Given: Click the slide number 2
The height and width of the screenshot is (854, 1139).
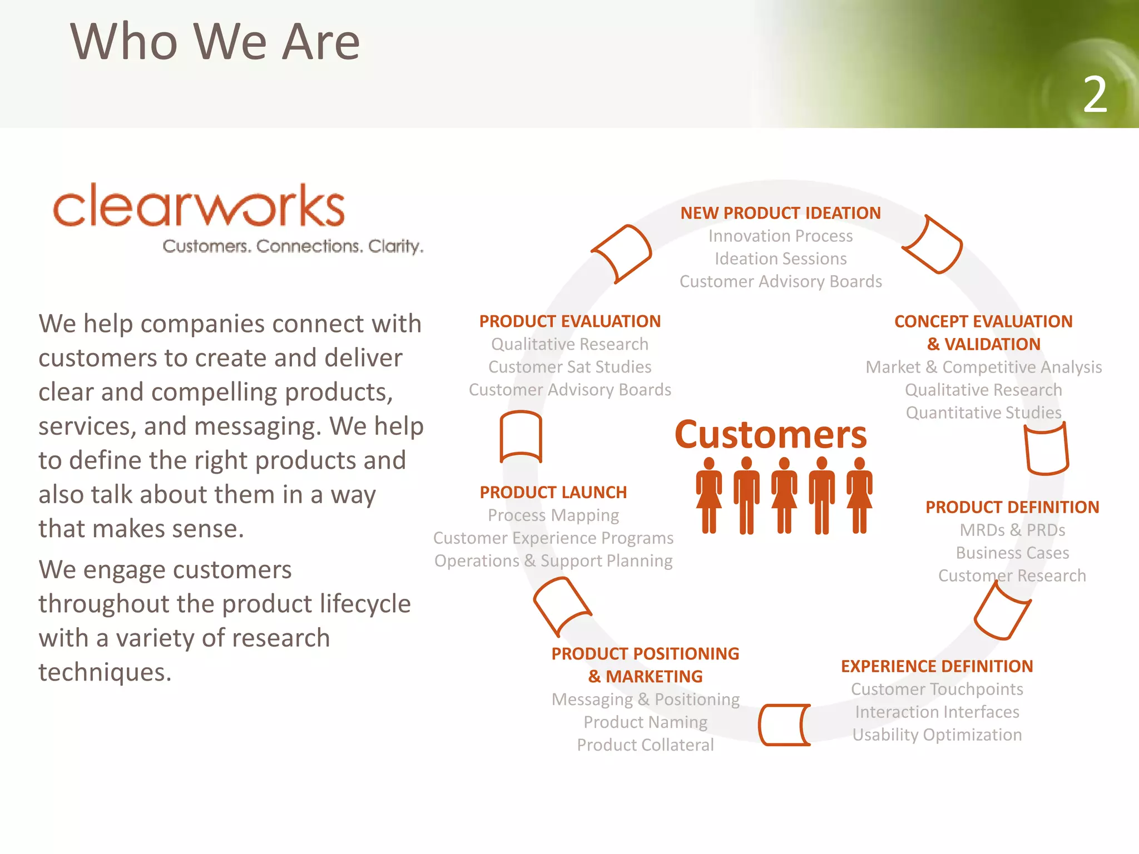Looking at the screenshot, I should (1095, 95).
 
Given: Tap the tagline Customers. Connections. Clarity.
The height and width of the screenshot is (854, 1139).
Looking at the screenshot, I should (293, 246).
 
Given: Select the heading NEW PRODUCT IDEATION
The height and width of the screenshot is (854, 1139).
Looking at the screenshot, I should (780, 213).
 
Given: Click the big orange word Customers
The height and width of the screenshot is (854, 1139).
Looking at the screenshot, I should (770, 435).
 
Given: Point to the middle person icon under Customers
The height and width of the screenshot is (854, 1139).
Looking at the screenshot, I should (784, 495).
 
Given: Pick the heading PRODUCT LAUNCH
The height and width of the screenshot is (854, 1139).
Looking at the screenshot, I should (553, 493).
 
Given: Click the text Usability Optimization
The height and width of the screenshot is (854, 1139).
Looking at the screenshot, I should (937, 735).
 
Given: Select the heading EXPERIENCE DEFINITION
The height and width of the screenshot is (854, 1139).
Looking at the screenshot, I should (937, 666).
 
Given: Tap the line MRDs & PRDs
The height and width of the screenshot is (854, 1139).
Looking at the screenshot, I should (1012, 530).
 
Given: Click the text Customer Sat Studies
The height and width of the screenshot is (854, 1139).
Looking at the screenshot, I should (569, 367).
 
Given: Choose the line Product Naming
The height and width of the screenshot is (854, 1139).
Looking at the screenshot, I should (645, 722).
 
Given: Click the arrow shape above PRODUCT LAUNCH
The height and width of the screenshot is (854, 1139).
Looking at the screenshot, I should (521, 437).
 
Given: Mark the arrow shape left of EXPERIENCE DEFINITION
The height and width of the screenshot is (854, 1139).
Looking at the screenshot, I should (784, 724).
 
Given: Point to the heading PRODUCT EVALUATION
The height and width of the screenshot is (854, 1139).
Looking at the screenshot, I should (569, 321).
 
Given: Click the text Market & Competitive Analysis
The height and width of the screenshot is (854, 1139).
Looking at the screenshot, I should (983, 368).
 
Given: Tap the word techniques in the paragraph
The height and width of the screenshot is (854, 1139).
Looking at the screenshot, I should (105, 672).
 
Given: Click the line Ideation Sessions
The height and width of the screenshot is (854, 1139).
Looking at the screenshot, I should (780, 259).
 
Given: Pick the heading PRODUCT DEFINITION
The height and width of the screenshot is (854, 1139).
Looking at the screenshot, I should (1012, 507).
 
